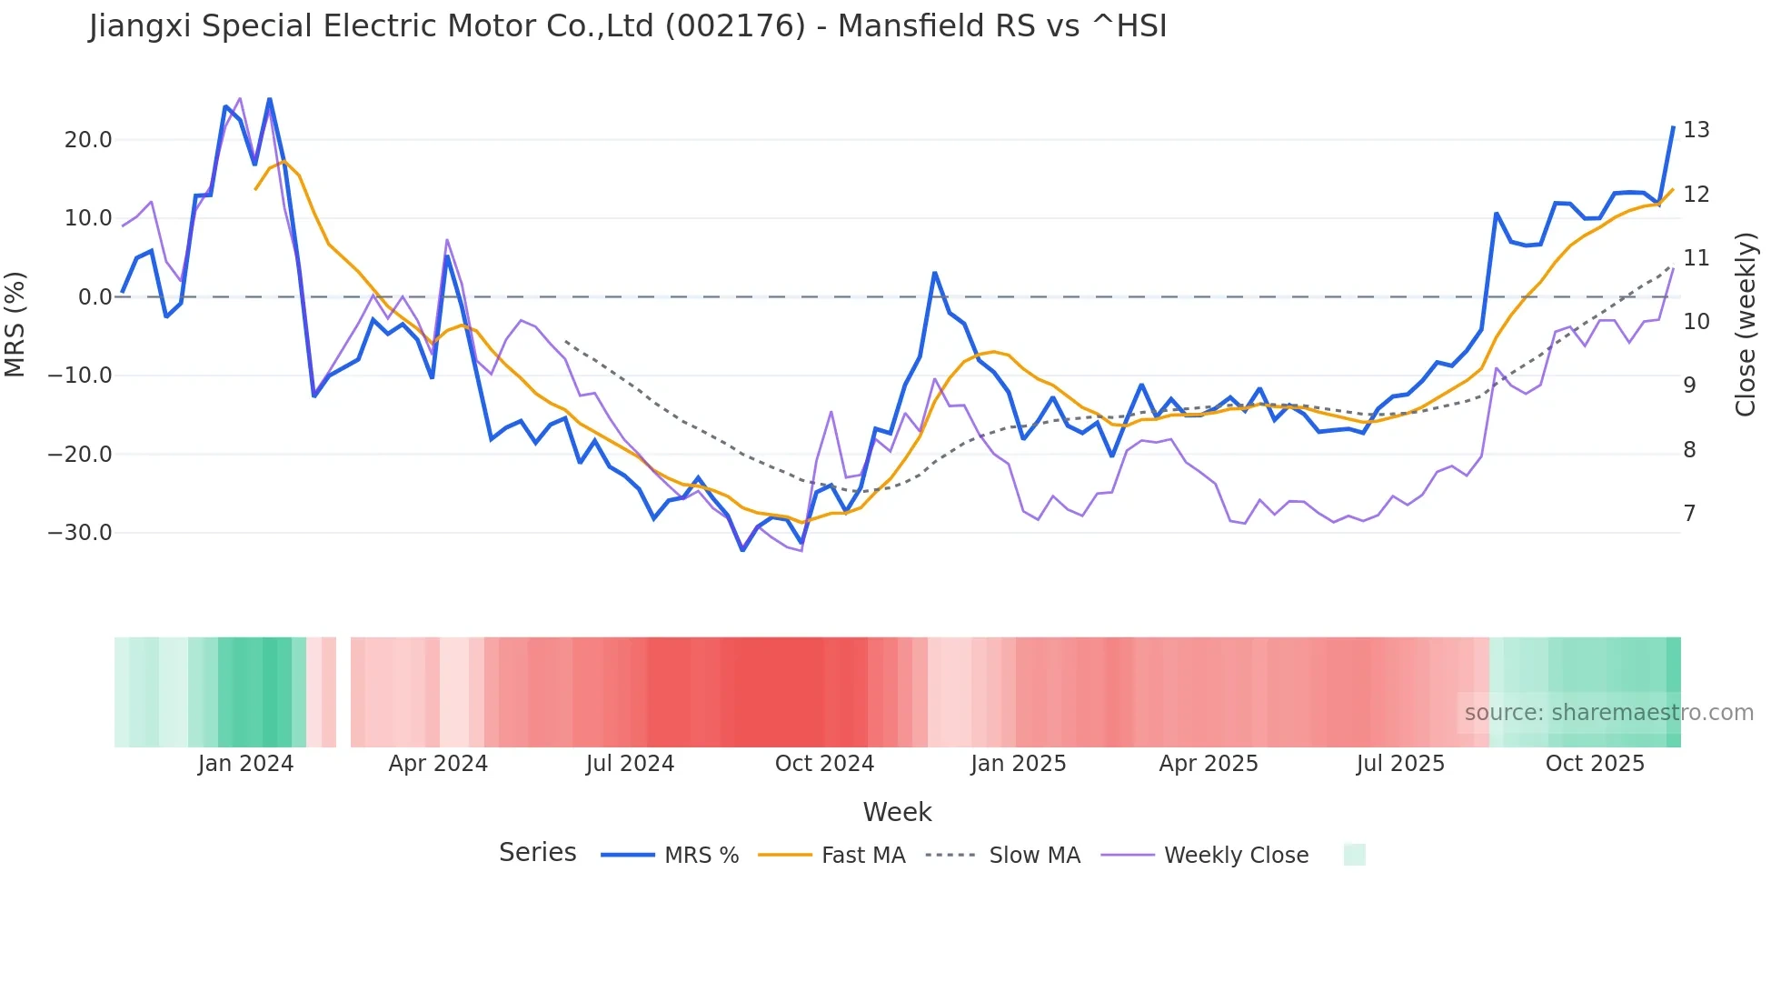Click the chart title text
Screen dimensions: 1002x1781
628,26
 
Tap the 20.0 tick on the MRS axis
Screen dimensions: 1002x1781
88,140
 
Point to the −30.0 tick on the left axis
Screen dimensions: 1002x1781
80,533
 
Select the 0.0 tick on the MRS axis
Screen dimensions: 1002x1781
95,297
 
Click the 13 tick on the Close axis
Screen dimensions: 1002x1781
1696,130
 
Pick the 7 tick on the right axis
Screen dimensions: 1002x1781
1689,514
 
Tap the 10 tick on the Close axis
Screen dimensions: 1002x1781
1696,322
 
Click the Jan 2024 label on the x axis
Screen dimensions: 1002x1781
245,764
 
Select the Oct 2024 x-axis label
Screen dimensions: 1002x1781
824,764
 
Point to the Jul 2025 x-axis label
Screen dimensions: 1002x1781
1400,764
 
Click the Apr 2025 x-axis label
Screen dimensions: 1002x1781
1209,764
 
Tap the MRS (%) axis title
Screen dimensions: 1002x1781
15,324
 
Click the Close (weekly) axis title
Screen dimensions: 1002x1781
1746,325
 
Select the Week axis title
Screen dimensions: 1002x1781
897,812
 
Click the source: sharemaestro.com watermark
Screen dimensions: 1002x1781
1608,713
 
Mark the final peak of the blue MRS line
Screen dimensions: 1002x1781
1673,127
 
